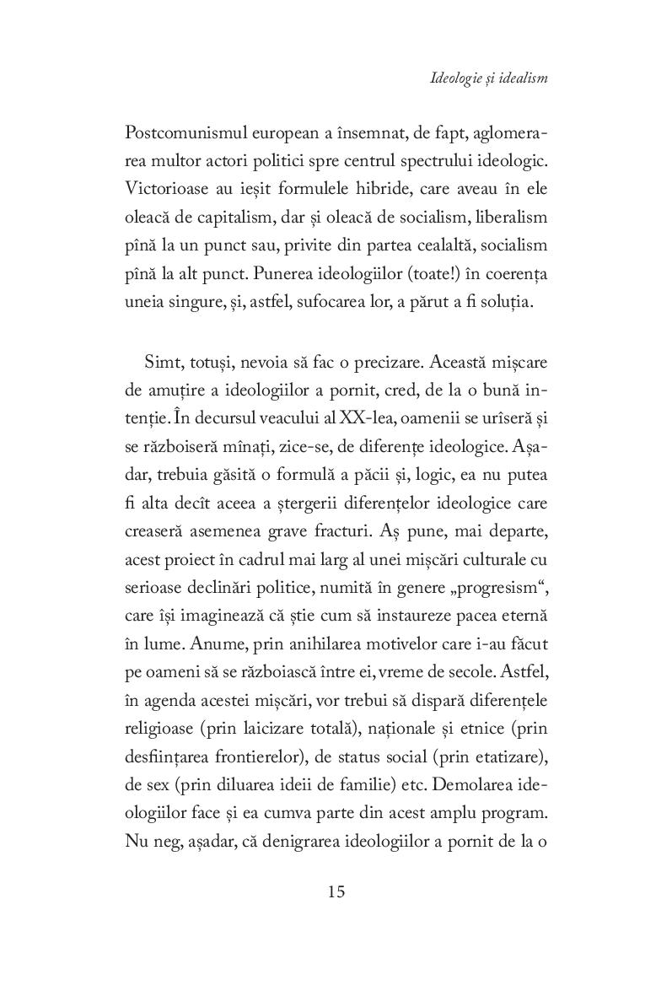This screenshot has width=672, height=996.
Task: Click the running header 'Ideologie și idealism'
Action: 489,79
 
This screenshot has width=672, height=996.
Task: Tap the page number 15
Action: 336,891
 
